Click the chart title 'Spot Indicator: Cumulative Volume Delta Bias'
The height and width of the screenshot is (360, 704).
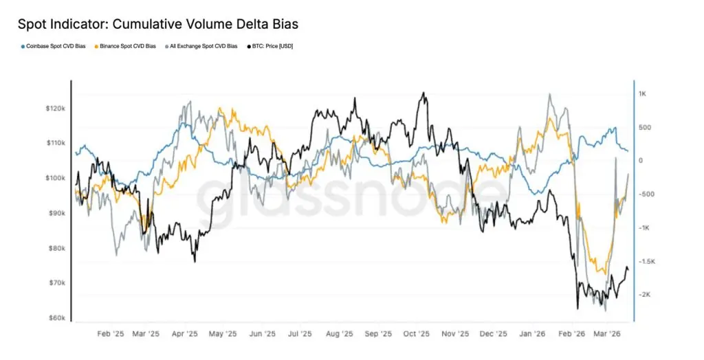pyautogui.click(x=157, y=23)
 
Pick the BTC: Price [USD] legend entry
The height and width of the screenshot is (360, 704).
pyautogui.click(x=272, y=46)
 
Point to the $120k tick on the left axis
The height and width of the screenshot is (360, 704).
pyautogui.click(x=54, y=109)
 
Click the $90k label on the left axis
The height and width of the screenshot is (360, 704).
pyautogui.click(x=56, y=213)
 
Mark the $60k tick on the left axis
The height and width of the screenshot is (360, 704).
pyautogui.click(x=56, y=318)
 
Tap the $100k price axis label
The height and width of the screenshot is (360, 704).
pyautogui.click(x=54, y=178)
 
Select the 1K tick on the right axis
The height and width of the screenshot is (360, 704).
pyautogui.click(x=644, y=93)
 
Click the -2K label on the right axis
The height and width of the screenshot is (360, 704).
pyautogui.click(x=645, y=295)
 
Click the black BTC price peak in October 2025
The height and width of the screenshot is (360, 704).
pyautogui.click(x=423, y=93)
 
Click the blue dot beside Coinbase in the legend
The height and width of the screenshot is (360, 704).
pyautogui.click(x=23, y=46)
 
